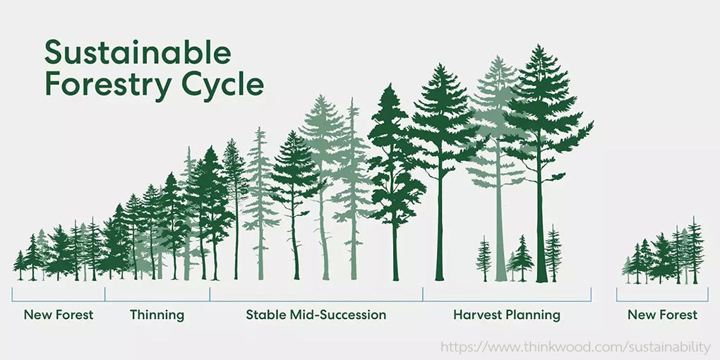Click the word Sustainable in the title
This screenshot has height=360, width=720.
tap(138, 53)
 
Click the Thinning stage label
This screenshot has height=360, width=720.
tap(157, 316)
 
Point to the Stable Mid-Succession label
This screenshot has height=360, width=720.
tap(316, 315)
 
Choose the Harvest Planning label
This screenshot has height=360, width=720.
tap(507, 316)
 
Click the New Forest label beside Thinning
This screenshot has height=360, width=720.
tap(59, 315)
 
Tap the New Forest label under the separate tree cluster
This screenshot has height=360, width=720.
tap(662, 315)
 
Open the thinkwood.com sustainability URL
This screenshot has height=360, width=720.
tap(575, 347)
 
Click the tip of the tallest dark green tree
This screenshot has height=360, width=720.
tap(539, 45)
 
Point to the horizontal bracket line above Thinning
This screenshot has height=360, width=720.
tap(157, 301)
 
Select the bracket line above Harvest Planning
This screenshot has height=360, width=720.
tap(507, 301)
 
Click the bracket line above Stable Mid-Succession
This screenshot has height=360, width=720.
tap(316, 301)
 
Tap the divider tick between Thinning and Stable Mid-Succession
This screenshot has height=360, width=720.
tap(210, 294)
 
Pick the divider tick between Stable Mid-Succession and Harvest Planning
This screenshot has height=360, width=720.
tap(422, 294)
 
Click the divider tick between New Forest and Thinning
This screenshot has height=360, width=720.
tap(105, 294)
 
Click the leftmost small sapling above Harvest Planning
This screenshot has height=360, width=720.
tap(484, 259)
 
